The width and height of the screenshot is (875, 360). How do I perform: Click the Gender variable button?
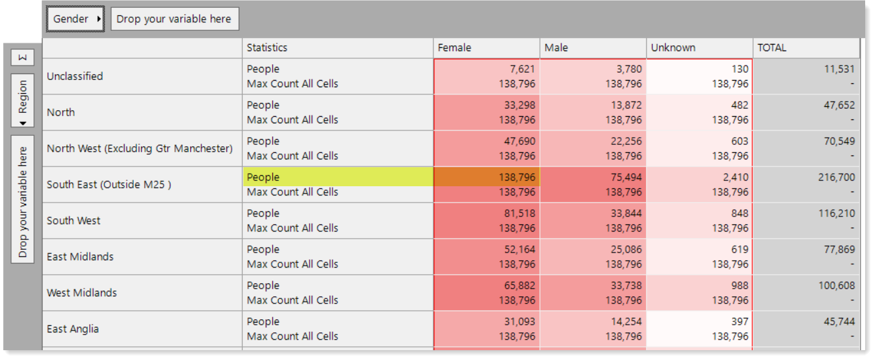click(x=75, y=19)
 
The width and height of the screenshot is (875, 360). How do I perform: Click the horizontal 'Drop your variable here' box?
click(x=174, y=19)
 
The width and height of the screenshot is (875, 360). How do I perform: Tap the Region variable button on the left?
click(x=23, y=100)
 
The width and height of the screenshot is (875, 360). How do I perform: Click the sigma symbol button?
click(x=23, y=58)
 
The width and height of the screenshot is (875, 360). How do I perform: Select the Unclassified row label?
click(x=75, y=76)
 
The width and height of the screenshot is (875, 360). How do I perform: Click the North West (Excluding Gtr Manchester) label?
click(x=140, y=148)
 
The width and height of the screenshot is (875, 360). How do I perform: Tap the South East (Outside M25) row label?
click(x=109, y=184)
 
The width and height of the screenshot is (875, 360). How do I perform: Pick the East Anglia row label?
click(x=73, y=329)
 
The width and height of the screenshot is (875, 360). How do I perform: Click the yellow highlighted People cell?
click(x=338, y=177)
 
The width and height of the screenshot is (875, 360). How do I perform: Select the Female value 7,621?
click(x=522, y=69)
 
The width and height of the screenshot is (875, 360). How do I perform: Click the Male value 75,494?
click(x=626, y=177)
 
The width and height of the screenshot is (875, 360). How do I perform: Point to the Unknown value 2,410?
click(x=735, y=177)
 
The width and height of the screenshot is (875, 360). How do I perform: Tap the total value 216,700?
click(x=836, y=177)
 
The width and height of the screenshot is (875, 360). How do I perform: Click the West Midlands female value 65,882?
click(x=519, y=285)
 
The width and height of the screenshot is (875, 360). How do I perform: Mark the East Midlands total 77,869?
click(x=840, y=249)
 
